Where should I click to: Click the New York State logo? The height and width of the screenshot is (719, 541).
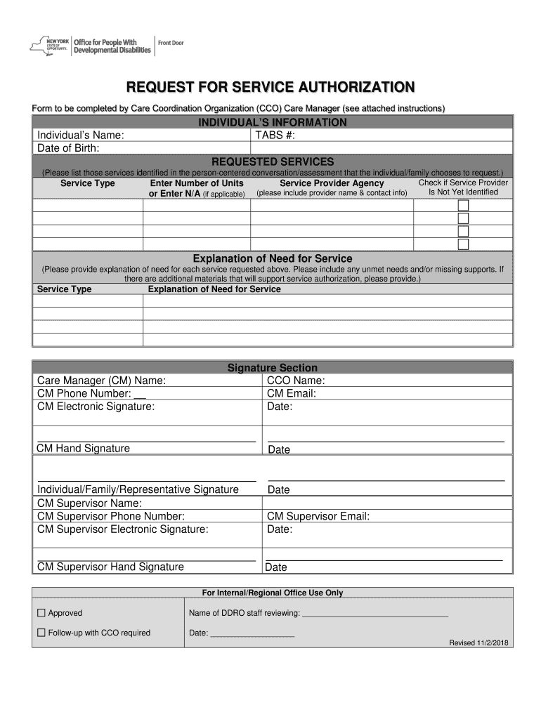(x=49, y=46)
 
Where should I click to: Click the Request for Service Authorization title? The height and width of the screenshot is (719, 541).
(x=270, y=87)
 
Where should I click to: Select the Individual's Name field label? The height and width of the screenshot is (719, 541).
(x=81, y=135)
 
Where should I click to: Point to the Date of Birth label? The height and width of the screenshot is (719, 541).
(x=68, y=147)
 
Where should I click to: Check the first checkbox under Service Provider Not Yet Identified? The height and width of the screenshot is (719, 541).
(x=463, y=206)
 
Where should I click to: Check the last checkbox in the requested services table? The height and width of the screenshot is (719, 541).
(x=463, y=244)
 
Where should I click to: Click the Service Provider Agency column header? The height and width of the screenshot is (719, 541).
(x=332, y=183)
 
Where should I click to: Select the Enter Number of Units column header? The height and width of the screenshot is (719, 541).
(x=197, y=183)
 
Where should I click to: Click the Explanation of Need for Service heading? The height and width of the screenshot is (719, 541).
(x=273, y=258)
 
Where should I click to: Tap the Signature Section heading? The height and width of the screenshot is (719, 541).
(x=273, y=368)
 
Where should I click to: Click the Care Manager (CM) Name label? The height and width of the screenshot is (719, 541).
(x=101, y=381)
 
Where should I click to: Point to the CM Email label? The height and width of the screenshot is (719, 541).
(x=292, y=393)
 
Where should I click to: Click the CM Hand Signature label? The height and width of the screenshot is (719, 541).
(x=83, y=448)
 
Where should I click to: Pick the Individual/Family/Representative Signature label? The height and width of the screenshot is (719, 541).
(x=138, y=489)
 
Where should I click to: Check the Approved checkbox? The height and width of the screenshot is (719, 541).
(x=41, y=613)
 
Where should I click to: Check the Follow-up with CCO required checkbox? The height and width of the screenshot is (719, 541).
(x=41, y=633)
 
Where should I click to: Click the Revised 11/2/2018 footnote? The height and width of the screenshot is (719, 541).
(x=481, y=643)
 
